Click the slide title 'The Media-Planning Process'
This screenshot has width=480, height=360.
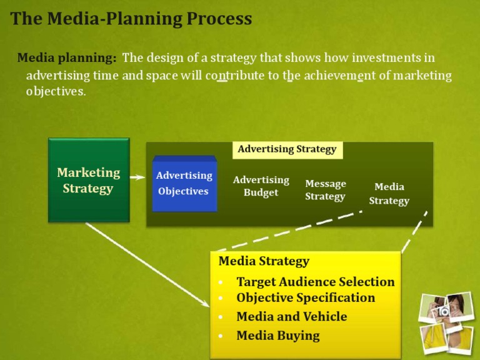pos(131,19)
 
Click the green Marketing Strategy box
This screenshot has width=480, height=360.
pos(89,180)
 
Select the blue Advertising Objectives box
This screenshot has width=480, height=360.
pos(184,184)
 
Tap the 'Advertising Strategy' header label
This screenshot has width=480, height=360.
pos(287,149)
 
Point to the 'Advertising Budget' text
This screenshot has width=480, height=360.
pos(261,186)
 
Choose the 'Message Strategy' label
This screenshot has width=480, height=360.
pos(326,190)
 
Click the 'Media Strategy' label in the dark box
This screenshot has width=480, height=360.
pos(389,194)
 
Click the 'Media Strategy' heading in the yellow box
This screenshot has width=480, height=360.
pos(264,261)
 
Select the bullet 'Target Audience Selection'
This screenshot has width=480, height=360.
pos(315,282)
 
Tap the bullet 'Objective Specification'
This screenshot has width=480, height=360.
pos(306,298)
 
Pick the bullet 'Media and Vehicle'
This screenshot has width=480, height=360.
pos(291,317)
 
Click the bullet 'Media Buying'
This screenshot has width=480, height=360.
pos(277,336)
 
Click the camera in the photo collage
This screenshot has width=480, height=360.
pos(444,310)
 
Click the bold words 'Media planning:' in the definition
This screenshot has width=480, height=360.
pos(67,58)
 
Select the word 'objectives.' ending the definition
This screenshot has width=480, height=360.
pos(56,91)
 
